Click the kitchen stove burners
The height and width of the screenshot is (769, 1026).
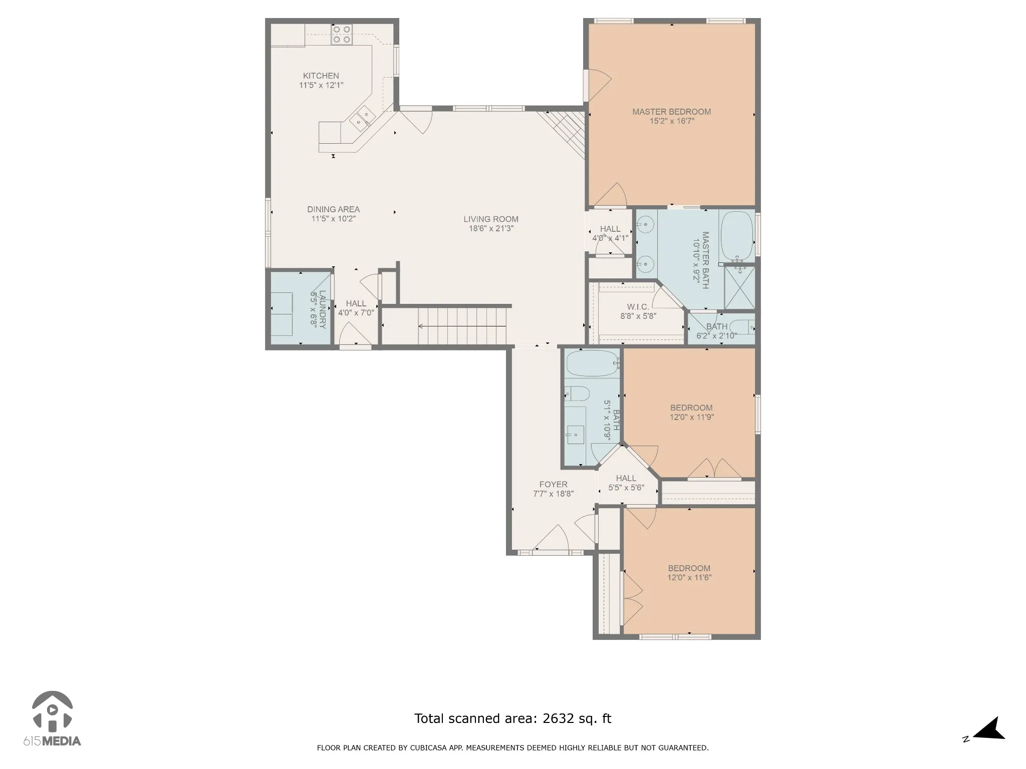click(x=341, y=35)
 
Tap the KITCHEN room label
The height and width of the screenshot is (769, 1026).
click(x=321, y=76)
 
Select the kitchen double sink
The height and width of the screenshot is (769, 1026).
click(x=363, y=118)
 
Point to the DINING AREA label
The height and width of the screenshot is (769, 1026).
click(x=334, y=209)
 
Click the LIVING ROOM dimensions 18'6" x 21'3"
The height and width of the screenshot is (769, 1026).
click(x=491, y=229)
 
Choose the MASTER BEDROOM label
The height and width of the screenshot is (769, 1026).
click(x=671, y=112)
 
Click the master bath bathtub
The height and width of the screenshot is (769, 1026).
click(x=737, y=235)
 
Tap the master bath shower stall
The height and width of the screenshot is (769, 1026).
click(x=739, y=287)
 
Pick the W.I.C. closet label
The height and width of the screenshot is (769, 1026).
click(x=638, y=307)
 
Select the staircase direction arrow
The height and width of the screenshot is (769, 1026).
click(x=462, y=326)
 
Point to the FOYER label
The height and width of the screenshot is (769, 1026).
click(x=554, y=485)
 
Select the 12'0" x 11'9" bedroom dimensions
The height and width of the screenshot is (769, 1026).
click(x=692, y=417)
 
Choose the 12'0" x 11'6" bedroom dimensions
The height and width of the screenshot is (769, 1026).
click(x=689, y=577)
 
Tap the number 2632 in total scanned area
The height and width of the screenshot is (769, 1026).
click(x=557, y=719)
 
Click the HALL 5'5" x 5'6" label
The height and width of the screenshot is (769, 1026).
click(x=626, y=483)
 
